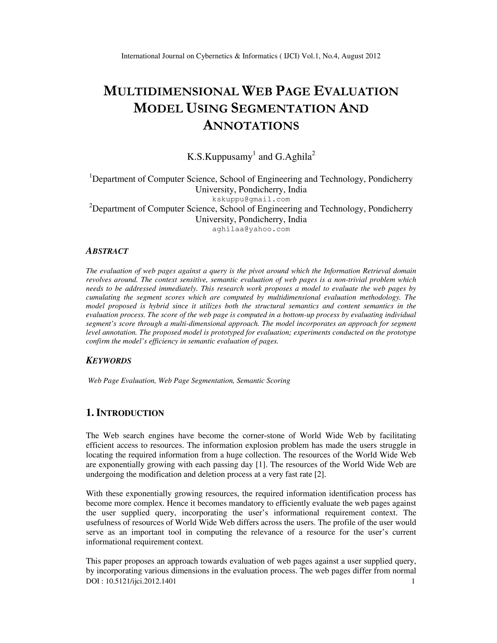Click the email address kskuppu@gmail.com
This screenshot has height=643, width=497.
251,199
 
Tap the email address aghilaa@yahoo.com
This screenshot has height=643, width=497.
251,229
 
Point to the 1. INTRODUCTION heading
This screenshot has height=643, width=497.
125,413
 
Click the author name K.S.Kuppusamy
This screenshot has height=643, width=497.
220,157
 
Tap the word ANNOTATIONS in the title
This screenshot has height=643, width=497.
251,125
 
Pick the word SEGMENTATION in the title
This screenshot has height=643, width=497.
283,108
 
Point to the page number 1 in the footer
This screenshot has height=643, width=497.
413,581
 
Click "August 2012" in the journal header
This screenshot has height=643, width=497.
361,56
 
